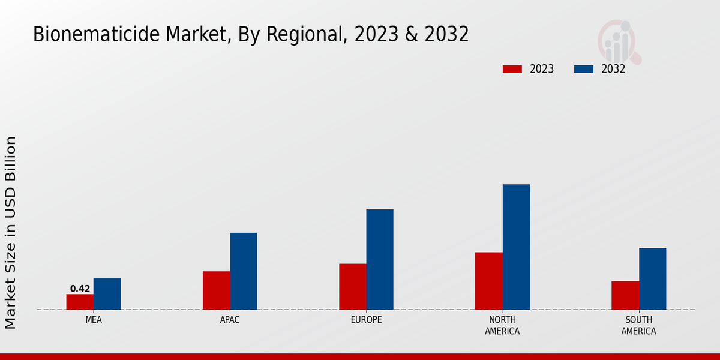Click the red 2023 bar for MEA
point(80,302)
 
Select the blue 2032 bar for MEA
point(107,294)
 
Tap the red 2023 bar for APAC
point(216,290)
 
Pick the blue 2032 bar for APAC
point(243,271)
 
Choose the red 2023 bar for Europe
point(352,287)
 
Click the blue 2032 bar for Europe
point(380,259)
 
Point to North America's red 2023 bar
point(488,281)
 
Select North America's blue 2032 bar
point(516,247)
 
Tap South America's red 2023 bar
point(625,295)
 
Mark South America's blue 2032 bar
point(652,279)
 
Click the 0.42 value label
point(80,289)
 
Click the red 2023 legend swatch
point(512,69)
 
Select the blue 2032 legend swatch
point(584,69)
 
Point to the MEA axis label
point(94,320)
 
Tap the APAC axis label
point(230,320)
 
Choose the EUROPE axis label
point(366,320)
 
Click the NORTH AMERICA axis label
point(502,325)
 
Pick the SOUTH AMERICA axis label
point(638,325)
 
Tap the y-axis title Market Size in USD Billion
point(11,233)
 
